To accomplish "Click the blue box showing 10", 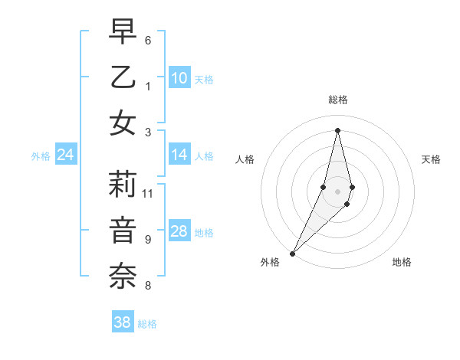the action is (x=179, y=77).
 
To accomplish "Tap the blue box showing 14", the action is (x=179, y=155).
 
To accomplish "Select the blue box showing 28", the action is (x=179, y=231).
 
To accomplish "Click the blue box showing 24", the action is (x=65, y=155).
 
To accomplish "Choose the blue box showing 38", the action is (x=123, y=322).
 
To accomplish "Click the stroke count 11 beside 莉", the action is (x=148, y=193).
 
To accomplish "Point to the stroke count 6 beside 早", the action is (x=148, y=39).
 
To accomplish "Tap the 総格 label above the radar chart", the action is (x=338, y=100).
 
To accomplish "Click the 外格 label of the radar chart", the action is (x=270, y=262).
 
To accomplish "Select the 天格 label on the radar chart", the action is (x=431, y=159).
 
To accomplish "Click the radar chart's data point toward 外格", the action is (x=292, y=253).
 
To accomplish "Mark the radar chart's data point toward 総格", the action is (x=338, y=130).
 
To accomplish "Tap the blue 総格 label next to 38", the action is (x=148, y=324).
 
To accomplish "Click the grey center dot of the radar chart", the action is (x=338, y=191).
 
